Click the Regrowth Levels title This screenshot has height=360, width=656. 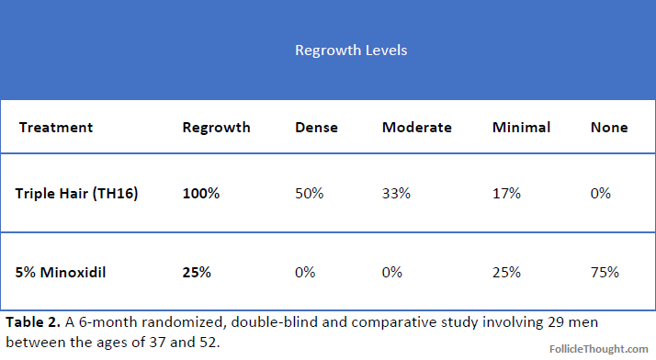coord(351,51)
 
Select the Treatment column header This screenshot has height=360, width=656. coord(56,127)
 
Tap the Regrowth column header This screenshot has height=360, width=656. coord(216,128)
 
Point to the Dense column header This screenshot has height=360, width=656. coord(316,127)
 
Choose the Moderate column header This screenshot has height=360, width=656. coord(417,127)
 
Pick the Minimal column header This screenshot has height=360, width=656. coord(521,127)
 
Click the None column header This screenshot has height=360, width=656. coord(609,127)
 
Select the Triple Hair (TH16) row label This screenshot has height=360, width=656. coord(76,193)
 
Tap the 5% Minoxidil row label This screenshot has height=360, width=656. coord(61,272)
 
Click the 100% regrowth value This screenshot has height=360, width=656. coord(201,193)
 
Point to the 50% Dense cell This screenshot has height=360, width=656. coord(310,193)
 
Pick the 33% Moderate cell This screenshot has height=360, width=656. coord(396,193)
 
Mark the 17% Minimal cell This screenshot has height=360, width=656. coord(506,193)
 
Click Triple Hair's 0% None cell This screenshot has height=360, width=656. coord(600,193)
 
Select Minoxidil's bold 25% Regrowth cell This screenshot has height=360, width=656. coord(197,272)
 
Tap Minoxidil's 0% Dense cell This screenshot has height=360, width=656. coord(305,272)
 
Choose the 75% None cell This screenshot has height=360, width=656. coord(605,272)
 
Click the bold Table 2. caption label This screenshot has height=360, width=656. coord(33,322)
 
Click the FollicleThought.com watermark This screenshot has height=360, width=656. coord(599,349)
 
